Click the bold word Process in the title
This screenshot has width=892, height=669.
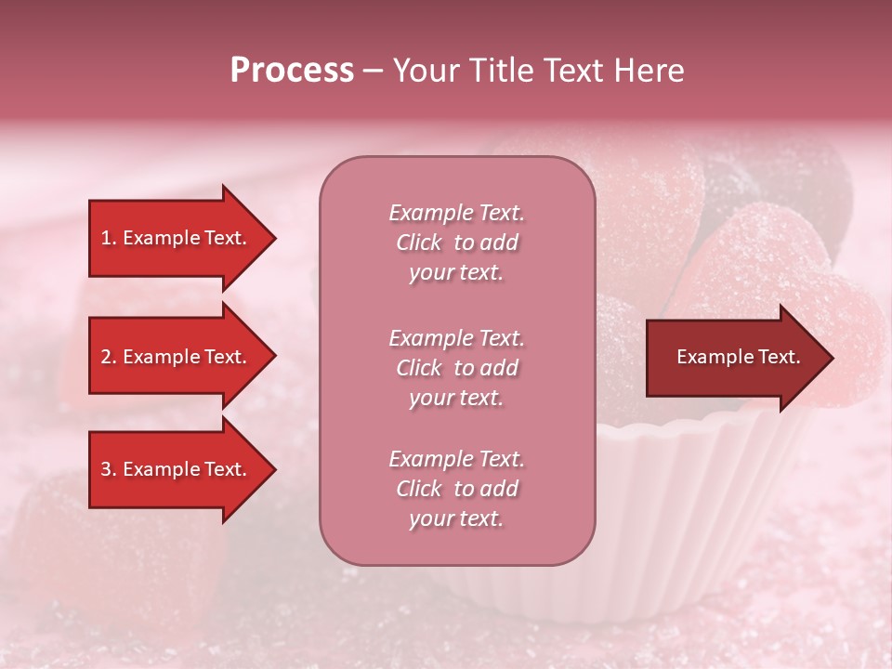point(292,71)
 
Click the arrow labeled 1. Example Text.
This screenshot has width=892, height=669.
point(177,238)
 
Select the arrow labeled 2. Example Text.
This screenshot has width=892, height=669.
point(177,357)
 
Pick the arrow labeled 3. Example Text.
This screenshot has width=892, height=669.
point(177,469)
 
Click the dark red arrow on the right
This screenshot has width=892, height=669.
point(734,358)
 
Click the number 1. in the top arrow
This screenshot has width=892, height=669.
point(109,238)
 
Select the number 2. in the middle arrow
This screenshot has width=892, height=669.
point(109,357)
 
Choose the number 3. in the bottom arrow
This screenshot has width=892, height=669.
point(109,469)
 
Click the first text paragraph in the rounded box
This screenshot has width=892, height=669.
point(456,243)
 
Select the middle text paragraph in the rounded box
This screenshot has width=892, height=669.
point(456,368)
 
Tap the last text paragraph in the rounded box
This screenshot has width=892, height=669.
point(456,489)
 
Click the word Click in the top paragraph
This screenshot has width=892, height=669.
point(419,243)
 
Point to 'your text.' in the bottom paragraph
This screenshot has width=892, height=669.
point(456,518)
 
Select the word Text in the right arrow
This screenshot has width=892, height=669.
point(779,357)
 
